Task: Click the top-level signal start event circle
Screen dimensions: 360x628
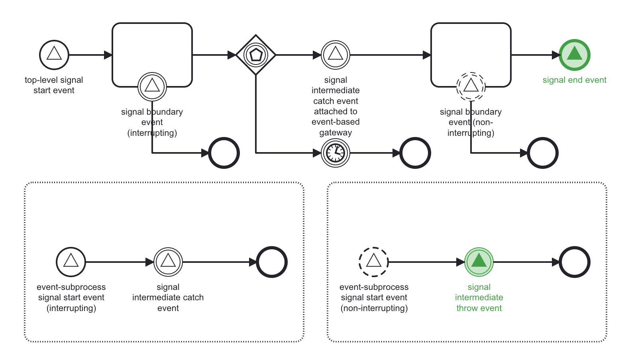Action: (54, 55)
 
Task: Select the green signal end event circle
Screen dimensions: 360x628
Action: (574, 55)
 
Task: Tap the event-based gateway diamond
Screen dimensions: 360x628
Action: (256, 55)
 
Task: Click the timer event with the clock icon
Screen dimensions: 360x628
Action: (336, 153)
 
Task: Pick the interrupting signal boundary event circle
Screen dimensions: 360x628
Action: (152, 86)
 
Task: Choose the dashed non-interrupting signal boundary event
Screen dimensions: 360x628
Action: (471, 86)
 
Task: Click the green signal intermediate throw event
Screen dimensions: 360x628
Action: (479, 262)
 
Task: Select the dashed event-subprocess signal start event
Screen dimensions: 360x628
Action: (374, 262)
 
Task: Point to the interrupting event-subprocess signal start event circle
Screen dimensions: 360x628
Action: (71, 262)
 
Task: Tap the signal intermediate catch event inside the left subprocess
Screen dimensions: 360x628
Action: (168, 262)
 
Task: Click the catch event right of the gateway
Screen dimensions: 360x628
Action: (336, 55)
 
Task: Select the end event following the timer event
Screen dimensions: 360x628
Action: (415, 153)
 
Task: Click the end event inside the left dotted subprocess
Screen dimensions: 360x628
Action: (272, 262)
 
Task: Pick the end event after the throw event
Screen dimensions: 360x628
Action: (575, 262)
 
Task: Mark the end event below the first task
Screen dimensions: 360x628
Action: (224, 153)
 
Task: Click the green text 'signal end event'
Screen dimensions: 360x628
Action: (574, 80)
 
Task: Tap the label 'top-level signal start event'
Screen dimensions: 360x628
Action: (54, 85)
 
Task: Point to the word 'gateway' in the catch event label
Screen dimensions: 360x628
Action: (336, 133)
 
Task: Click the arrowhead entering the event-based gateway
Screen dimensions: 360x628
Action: (232, 55)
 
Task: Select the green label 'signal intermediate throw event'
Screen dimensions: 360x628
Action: (479, 297)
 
